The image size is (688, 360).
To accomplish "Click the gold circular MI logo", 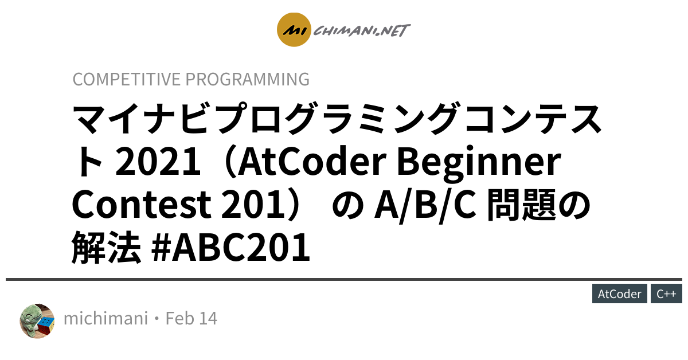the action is pyautogui.click(x=294, y=29).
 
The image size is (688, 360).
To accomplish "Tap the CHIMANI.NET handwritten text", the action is pyautogui.click(x=362, y=30).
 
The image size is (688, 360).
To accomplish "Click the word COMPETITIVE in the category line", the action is pyautogui.click(x=127, y=79).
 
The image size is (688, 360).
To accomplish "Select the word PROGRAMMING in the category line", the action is pyautogui.click(x=248, y=79).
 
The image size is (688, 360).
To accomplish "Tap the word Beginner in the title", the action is pyautogui.click(x=479, y=163).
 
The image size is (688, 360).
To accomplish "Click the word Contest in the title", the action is pyautogui.click(x=142, y=204).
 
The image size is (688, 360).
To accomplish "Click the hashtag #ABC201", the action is pyautogui.click(x=230, y=247).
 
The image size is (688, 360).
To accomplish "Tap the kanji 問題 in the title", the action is pyautogui.click(x=522, y=205).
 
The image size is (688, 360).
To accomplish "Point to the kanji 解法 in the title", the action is pyautogui.click(x=107, y=247).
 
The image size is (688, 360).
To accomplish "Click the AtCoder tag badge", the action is pyautogui.click(x=620, y=294).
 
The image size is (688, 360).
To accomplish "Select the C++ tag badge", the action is pyautogui.click(x=666, y=294).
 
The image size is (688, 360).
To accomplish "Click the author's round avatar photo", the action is pyautogui.click(x=37, y=321).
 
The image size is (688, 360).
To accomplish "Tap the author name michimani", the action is pyautogui.click(x=105, y=318).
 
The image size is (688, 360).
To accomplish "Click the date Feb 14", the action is pyautogui.click(x=191, y=318).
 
